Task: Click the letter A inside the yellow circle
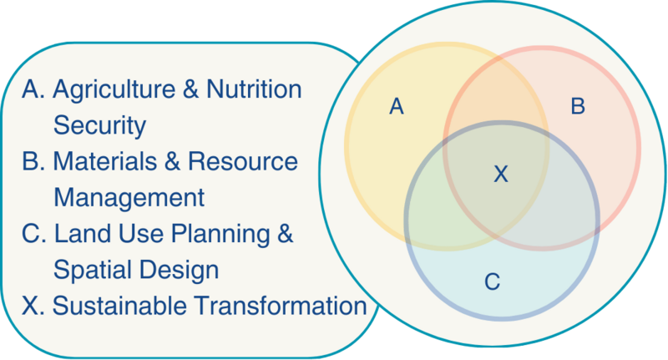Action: click(396, 107)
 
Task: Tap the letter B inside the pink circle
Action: click(578, 106)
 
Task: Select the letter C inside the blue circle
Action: click(492, 281)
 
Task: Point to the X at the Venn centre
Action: click(501, 174)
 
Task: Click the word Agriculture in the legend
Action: click(114, 90)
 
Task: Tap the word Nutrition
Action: click(254, 89)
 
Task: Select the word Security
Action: click(99, 125)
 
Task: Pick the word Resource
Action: click(243, 161)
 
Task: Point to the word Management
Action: click(129, 199)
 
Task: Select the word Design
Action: click(179, 271)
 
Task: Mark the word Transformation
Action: click(281, 307)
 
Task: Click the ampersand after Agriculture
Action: click(191, 89)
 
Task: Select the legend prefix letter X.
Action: click(30, 307)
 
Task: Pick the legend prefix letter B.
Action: click(30, 161)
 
